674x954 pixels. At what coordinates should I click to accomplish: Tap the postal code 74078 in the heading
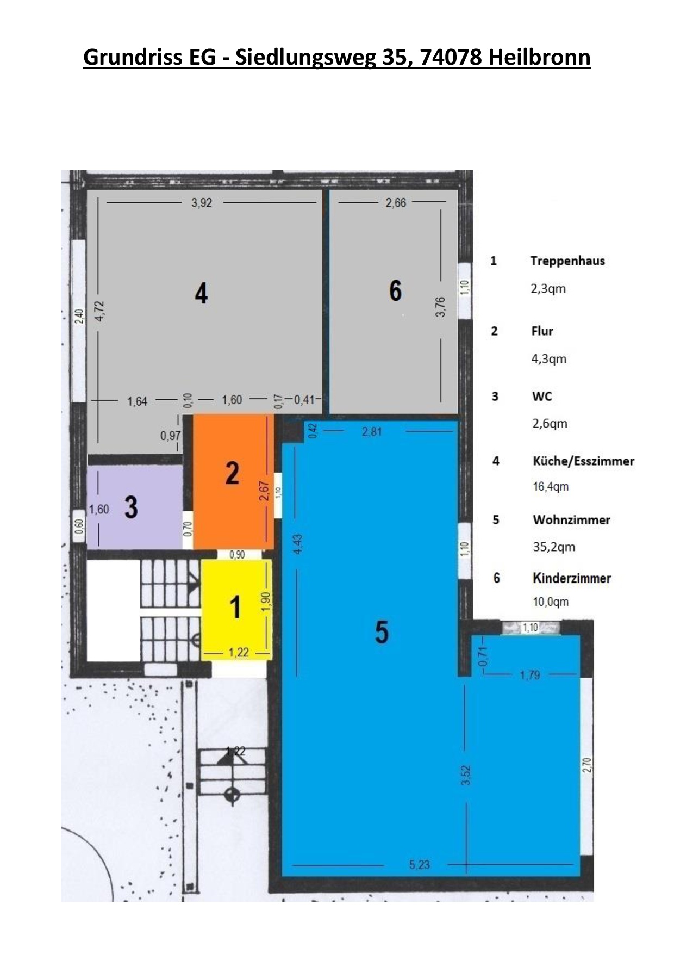pos(451,57)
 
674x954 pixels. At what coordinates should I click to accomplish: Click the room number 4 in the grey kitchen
pos(201,294)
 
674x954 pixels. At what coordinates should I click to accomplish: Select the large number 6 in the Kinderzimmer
pos(395,290)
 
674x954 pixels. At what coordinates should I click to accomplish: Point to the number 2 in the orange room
pos(233,473)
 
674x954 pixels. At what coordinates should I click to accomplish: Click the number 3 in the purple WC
pos(131,507)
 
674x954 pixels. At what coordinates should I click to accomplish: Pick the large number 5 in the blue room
pos(382,632)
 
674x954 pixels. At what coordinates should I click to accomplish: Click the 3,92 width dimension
pos(202,203)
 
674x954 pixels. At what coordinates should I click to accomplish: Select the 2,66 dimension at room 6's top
pos(396,203)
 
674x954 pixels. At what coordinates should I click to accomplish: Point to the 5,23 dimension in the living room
pos(420,865)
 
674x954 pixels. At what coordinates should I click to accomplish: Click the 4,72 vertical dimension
pos(100,312)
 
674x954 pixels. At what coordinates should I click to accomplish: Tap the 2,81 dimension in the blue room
pos(372,432)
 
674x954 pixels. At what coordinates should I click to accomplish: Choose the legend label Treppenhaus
pos(567,261)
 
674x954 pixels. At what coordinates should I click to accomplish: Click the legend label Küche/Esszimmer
pos(583,461)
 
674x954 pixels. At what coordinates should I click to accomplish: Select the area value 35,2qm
pos(554,547)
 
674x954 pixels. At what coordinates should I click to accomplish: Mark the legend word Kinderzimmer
pos(572,578)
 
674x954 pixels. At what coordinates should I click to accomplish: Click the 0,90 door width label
pos(237,555)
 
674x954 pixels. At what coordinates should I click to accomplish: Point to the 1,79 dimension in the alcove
pos(530,675)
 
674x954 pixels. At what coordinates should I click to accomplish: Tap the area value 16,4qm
pos(551,487)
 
